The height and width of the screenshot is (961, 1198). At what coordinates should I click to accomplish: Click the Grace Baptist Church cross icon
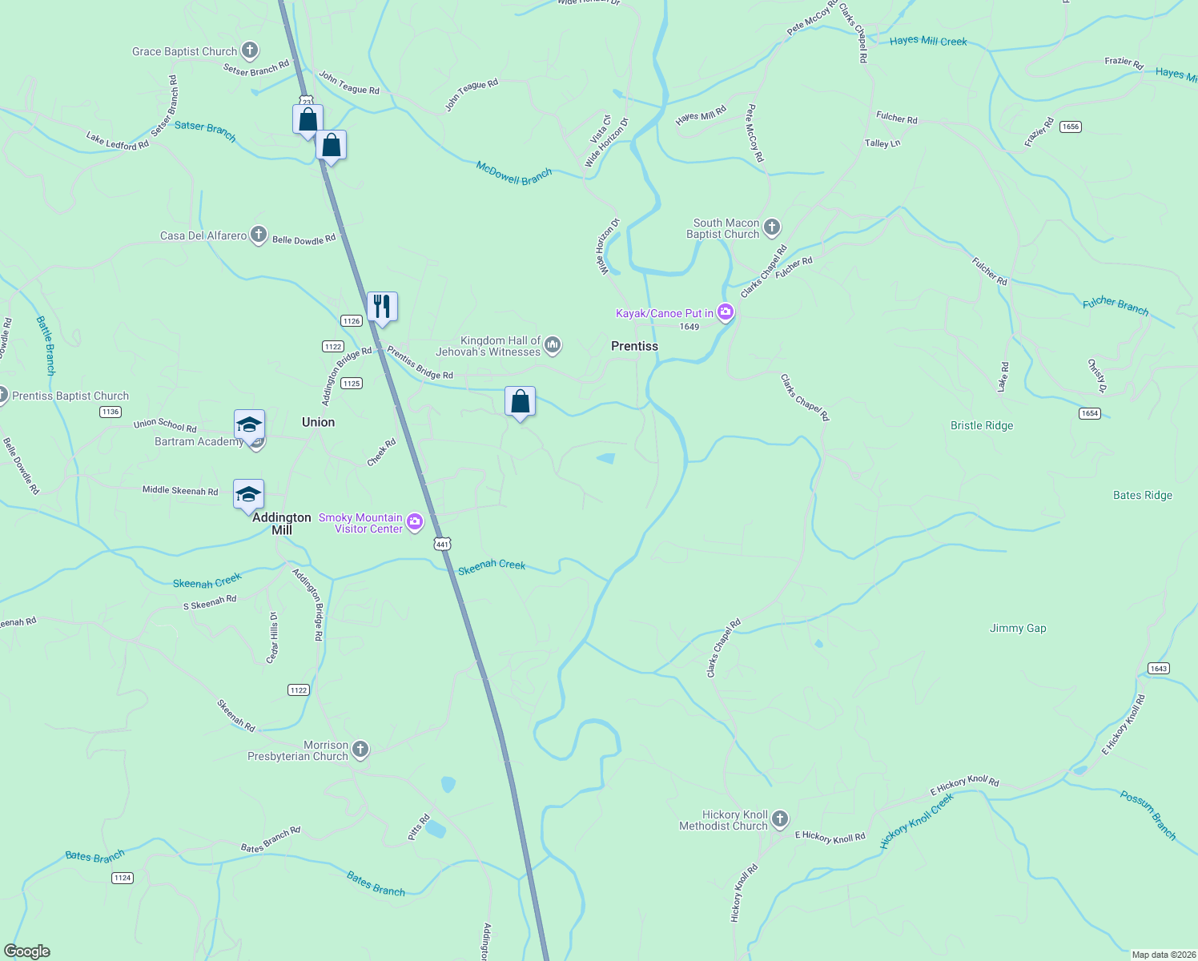click(250, 51)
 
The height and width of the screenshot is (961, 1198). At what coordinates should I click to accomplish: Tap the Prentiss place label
click(634, 346)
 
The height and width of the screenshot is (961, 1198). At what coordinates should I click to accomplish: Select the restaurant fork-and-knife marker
click(382, 307)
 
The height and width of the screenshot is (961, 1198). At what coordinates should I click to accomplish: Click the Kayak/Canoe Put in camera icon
click(726, 312)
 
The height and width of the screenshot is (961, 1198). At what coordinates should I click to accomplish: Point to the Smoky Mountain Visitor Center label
click(360, 523)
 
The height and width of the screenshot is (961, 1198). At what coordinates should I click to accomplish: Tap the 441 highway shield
click(443, 544)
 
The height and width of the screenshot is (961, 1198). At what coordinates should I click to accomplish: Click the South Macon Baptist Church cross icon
click(772, 227)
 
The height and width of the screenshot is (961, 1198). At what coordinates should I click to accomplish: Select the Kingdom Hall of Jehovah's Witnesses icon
click(553, 345)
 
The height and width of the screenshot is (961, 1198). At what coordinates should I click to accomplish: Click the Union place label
click(318, 422)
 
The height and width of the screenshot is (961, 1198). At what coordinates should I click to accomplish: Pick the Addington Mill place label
click(282, 524)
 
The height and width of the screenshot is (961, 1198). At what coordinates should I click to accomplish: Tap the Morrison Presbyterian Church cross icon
click(360, 750)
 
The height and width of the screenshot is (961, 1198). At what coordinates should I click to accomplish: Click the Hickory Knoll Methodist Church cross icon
click(780, 819)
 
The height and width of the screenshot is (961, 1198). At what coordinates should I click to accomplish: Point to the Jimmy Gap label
click(1018, 628)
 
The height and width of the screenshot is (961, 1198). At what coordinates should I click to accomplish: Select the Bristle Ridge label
click(982, 425)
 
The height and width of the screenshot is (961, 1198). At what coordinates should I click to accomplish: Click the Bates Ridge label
click(1142, 495)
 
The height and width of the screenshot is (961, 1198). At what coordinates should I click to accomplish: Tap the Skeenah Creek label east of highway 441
click(492, 566)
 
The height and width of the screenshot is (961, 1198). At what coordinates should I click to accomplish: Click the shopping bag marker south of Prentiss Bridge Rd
click(520, 402)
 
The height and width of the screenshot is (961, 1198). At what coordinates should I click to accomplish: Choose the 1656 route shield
click(1070, 127)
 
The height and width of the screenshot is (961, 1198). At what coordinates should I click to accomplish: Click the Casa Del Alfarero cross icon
click(258, 235)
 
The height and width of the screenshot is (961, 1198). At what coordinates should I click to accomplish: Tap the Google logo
click(27, 951)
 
